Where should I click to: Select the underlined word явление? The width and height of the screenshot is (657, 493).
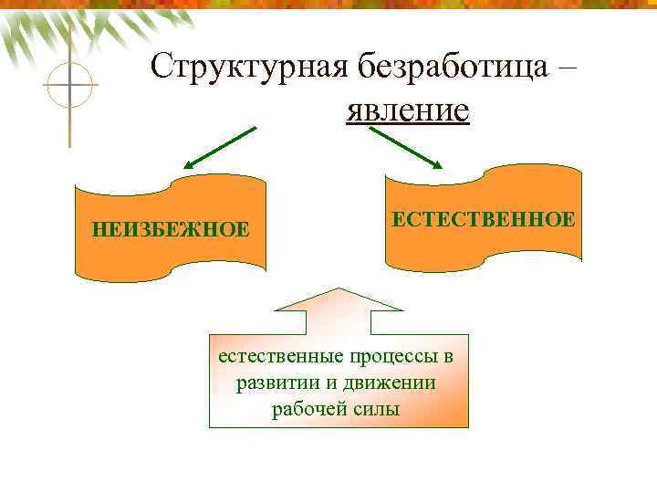click(x=407, y=110)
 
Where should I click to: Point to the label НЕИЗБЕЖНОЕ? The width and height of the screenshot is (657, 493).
click(x=170, y=228)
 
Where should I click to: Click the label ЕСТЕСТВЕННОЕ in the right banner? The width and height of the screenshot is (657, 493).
click(x=484, y=219)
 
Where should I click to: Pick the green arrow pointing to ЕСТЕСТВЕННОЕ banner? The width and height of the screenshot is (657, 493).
click(x=405, y=148)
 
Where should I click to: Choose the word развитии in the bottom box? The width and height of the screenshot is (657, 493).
click(x=273, y=383)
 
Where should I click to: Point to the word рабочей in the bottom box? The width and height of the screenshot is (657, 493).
click(x=304, y=408)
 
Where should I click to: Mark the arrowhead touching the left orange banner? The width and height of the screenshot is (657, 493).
click(x=189, y=165)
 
